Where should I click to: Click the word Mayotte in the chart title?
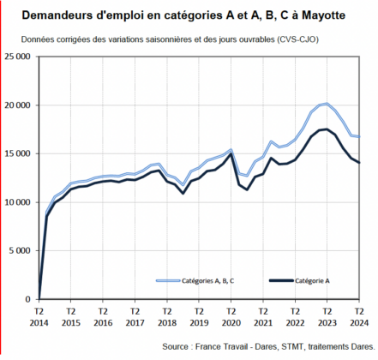[x=323, y=15]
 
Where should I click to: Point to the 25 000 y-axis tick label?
[x=17, y=57]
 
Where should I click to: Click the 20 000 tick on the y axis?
[x=17, y=105]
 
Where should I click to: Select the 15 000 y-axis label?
[x=17, y=153]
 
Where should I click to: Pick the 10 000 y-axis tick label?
[x=17, y=202]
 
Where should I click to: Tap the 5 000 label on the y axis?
[x=20, y=251]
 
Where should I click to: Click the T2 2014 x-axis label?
[x=39, y=317]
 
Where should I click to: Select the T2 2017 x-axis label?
[x=135, y=317]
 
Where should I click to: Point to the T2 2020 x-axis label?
[x=231, y=317]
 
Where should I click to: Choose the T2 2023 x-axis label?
[x=327, y=317]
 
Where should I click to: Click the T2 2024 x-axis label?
[x=359, y=317]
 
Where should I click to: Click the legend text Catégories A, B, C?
[x=207, y=281]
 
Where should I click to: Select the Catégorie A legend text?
[x=312, y=281]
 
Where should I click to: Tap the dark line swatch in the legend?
[x=281, y=281]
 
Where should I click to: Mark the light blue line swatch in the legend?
[x=168, y=281]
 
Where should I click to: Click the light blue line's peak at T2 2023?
[x=327, y=104]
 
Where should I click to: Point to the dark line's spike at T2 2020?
[x=231, y=154]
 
